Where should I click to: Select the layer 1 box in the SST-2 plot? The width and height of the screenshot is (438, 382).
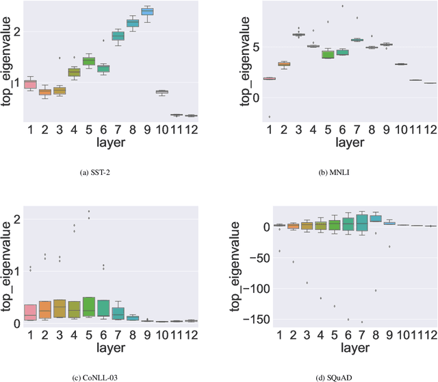click(x=29, y=84)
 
